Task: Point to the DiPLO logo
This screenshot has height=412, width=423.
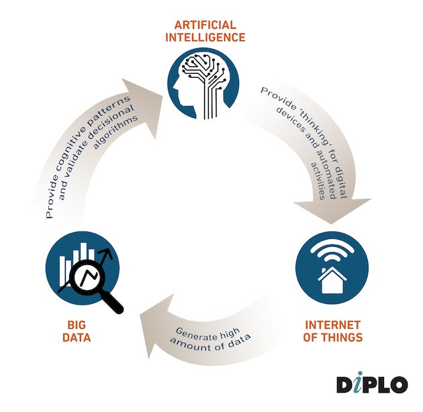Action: point(371,384)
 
